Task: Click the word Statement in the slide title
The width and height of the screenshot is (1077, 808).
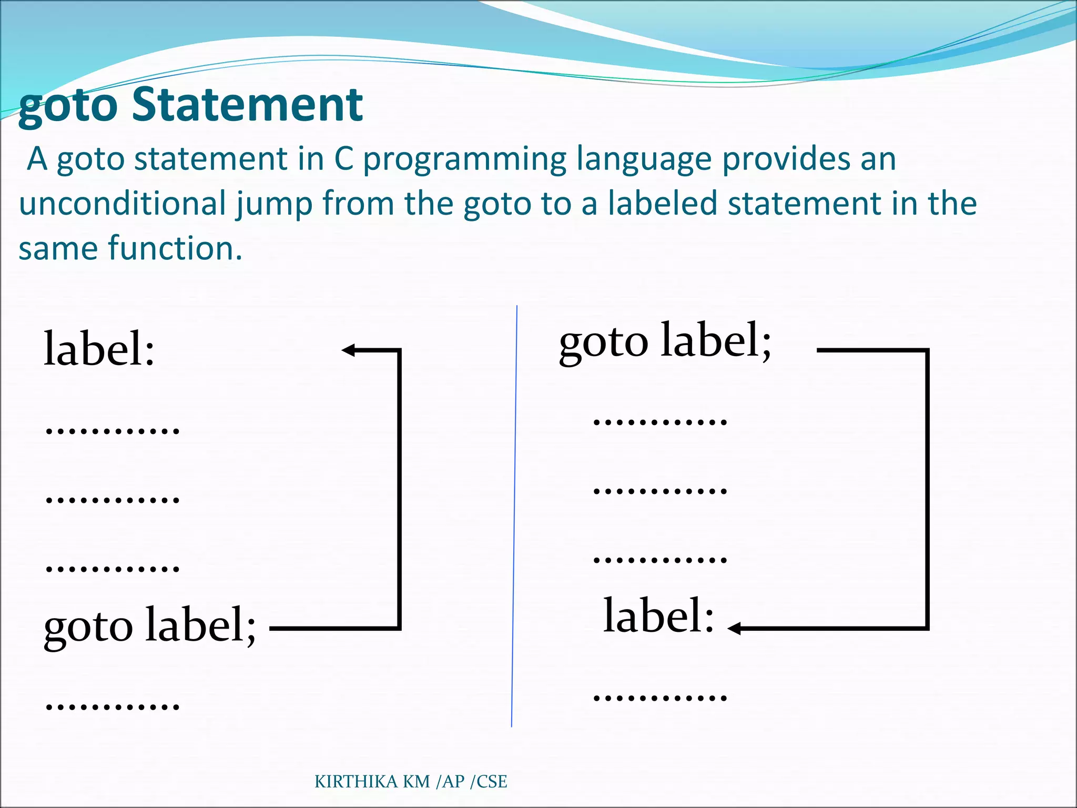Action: [x=247, y=105]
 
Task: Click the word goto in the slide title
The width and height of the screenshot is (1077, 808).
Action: [x=68, y=107]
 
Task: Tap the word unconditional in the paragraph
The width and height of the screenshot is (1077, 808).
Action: [x=123, y=204]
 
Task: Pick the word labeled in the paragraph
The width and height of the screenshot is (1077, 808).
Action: [x=663, y=204]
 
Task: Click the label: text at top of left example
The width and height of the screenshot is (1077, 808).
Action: [x=99, y=349]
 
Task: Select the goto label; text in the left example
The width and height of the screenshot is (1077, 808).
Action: [x=150, y=625]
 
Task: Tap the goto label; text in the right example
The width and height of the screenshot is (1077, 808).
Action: [x=665, y=341]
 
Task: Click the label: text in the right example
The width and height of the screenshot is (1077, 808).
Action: [x=658, y=615]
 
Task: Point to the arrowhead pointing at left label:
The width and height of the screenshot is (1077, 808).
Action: [x=348, y=350]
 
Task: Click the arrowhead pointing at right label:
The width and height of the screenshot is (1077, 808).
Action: [x=735, y=628]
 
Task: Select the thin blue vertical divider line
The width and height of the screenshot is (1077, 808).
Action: [x=514, y=516]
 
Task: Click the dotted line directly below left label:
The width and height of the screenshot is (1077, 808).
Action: [x=113, y=431]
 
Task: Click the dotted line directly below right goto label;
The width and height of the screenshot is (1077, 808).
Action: [x=660, y=421]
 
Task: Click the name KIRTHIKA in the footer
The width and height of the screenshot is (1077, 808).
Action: [x=357, y=782]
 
